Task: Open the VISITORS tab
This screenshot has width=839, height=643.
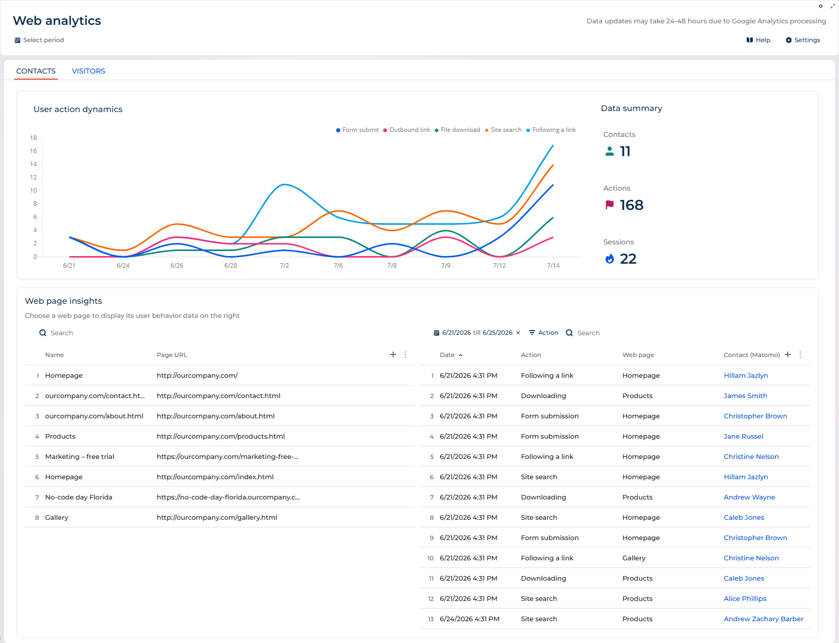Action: pos(88,71)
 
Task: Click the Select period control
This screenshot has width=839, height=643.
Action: pos(39,40)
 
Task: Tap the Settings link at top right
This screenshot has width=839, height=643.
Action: pos(802,40)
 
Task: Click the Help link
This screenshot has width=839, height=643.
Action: pos(758,40)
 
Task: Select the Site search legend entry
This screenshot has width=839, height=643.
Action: pos(503,130)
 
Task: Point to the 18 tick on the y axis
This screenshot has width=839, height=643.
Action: pos(33,138)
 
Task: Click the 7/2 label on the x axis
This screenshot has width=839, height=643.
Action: pos(285,266)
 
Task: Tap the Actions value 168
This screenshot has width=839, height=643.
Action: pos(632,205)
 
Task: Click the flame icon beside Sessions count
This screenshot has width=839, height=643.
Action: pos(610,259)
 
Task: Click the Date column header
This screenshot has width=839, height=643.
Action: pos(447,354)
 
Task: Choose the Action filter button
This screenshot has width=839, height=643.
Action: pos(544,333)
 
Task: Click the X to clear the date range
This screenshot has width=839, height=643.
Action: pos(518,333)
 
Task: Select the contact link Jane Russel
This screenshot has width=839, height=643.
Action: pos(743,436)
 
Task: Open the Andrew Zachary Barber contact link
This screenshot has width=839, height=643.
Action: pos(763,619)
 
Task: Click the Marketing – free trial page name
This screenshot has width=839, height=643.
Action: pos(80,456)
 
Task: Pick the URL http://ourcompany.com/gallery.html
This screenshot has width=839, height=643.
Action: pos(217,518)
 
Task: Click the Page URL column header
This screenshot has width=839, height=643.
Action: pos(172,354)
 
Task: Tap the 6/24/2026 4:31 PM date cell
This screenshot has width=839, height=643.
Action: pos(470,619)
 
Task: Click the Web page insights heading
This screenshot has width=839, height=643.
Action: pos(63,301)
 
